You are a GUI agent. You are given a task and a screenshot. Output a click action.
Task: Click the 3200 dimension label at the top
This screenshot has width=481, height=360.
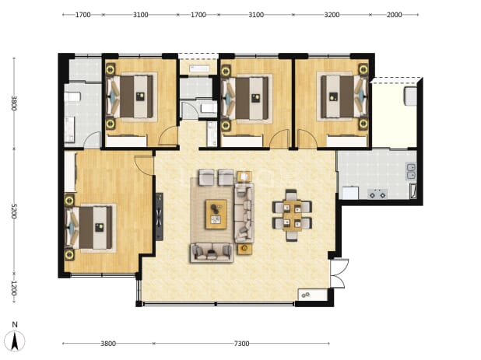coord(332,15)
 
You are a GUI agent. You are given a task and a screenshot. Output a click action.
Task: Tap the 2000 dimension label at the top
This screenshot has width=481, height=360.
coord(394,15)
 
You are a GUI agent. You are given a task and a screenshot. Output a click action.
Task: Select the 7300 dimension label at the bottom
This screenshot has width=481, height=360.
coord(241,344)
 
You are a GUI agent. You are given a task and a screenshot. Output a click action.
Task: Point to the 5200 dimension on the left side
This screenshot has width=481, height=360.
coord(14,211)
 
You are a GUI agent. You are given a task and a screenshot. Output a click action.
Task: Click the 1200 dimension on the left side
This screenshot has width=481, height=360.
coord(14,288)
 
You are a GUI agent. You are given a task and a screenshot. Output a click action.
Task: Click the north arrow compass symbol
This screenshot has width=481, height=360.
coord(15,337)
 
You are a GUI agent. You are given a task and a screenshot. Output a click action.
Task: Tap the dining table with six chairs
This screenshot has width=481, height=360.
coord(292,215)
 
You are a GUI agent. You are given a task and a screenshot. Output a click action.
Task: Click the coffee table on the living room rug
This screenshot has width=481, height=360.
coord(216,214)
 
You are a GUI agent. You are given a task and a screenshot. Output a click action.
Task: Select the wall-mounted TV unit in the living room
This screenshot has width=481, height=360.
coord(160,217)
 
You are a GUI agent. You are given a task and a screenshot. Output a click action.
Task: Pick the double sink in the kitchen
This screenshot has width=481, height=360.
coord(411,171)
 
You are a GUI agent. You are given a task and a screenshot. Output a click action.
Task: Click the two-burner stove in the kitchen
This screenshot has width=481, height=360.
coord(377,194)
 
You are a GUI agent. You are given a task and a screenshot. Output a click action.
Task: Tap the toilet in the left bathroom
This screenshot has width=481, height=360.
coord(72,97)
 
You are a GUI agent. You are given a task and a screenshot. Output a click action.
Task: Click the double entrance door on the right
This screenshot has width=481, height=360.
coord(339,274)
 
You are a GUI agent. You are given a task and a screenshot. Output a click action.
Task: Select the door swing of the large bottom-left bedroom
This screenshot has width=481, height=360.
coord(144,166)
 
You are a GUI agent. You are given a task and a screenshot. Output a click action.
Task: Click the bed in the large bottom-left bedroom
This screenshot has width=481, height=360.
coord(91,228)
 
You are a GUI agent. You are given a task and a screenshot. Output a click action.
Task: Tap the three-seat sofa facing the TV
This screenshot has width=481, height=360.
coord(244,212)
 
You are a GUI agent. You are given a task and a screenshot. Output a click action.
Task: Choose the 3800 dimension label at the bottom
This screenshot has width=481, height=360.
coord(108,344)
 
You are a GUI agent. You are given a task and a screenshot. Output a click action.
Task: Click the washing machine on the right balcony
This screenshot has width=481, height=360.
coord(411,96)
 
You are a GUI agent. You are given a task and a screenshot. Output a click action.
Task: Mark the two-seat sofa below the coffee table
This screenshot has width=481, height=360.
coord(212,253)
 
